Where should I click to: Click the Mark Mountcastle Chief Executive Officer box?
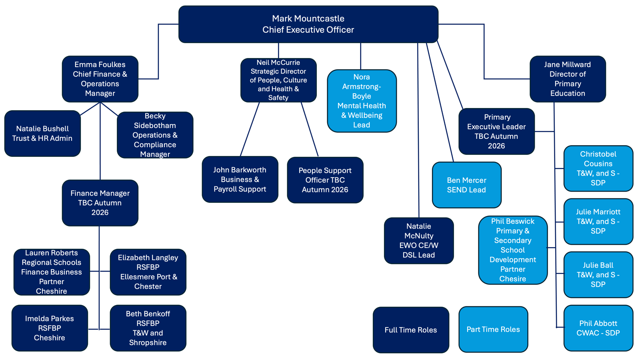pyautogui.click(x=308, y=24)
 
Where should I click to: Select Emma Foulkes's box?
pyautogui.click(x=100, y=79)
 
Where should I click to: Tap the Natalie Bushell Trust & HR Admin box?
pyautogui.click(x=42, y=134)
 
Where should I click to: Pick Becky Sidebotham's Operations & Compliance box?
pyautogui.click(x=155, y=135)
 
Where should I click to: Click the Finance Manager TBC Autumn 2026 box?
pyautogui.click(x=100, y=203)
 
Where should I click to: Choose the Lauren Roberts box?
pyautogui.click(x=52, y=272)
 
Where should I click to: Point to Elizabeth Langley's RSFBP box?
pyautogui.click(x=148, y=272)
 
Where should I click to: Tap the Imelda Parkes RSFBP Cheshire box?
pyautogui.click(x=50, y=328)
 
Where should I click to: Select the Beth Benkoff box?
pyautogui.click(x=148, y=328)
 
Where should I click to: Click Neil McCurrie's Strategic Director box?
pyautogui.click(x=278, y=80)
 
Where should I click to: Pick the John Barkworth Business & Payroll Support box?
pyautogui.click(x=240, y=180)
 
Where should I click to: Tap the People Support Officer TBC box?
pyautogui.click(x=325, y=180)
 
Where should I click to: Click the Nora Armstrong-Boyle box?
pyautogui.click(x=362, y=101)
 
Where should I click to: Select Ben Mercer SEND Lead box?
pyautogui.click(x=466, y=185)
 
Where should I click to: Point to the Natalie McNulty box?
pyautogui.click(x=419, y=240)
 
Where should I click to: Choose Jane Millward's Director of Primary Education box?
pyautogui.click(x=568, y=79)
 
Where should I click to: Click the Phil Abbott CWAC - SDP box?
pyautogui.click(x=598, y=328)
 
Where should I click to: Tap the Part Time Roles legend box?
pyautogui.click(x=494, y=330)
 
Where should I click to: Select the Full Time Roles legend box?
pyautogui.click(x=411, y=330)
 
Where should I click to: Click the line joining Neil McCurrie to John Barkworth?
pyautogui.click(x=250, y=129)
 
